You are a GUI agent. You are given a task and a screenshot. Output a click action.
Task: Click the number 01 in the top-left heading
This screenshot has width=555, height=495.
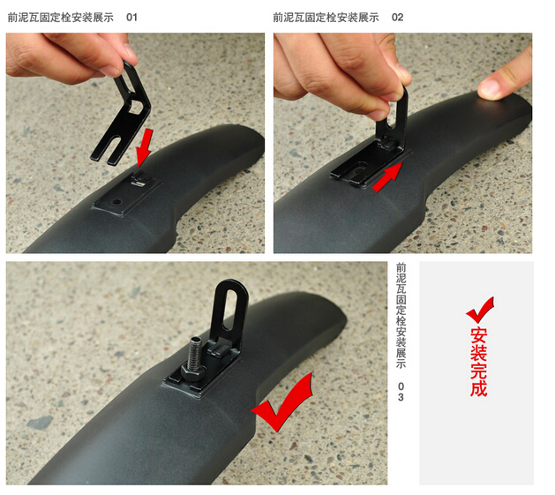click(x=131, y=17)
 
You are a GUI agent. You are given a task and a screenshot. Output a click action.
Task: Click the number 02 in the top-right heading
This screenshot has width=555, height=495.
click(x=397, y=17)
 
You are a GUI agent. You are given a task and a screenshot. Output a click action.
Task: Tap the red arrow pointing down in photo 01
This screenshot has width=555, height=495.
click(x=145, y=147)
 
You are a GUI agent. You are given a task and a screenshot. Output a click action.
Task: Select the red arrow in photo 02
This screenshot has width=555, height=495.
click(x=388, y=177)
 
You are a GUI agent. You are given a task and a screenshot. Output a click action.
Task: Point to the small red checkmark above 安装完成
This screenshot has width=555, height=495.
click(x=480, y=310)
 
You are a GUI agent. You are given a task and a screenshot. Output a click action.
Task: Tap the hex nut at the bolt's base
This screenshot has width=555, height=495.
click(x=192, y=372)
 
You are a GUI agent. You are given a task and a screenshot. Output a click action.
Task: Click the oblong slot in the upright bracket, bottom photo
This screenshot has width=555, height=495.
click(x=231, y=310)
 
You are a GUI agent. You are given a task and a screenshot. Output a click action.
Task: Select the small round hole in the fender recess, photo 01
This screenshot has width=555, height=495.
click(x=116, y=202)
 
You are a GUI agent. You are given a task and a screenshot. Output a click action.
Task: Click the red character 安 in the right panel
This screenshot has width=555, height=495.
click(x=479, y=335)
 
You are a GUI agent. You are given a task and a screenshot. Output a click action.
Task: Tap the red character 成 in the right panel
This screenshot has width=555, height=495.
click(x=479, y=388)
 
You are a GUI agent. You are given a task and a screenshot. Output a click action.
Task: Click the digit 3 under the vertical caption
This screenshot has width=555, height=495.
click(x=401, y=397)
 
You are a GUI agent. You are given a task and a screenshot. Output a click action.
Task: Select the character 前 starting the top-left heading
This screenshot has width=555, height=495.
click(x=12, y=17)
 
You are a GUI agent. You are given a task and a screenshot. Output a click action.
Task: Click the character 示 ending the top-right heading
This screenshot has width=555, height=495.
click(x=374, y=17)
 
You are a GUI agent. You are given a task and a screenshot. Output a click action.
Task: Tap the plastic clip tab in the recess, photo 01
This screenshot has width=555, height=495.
click(x=139, y=179)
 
